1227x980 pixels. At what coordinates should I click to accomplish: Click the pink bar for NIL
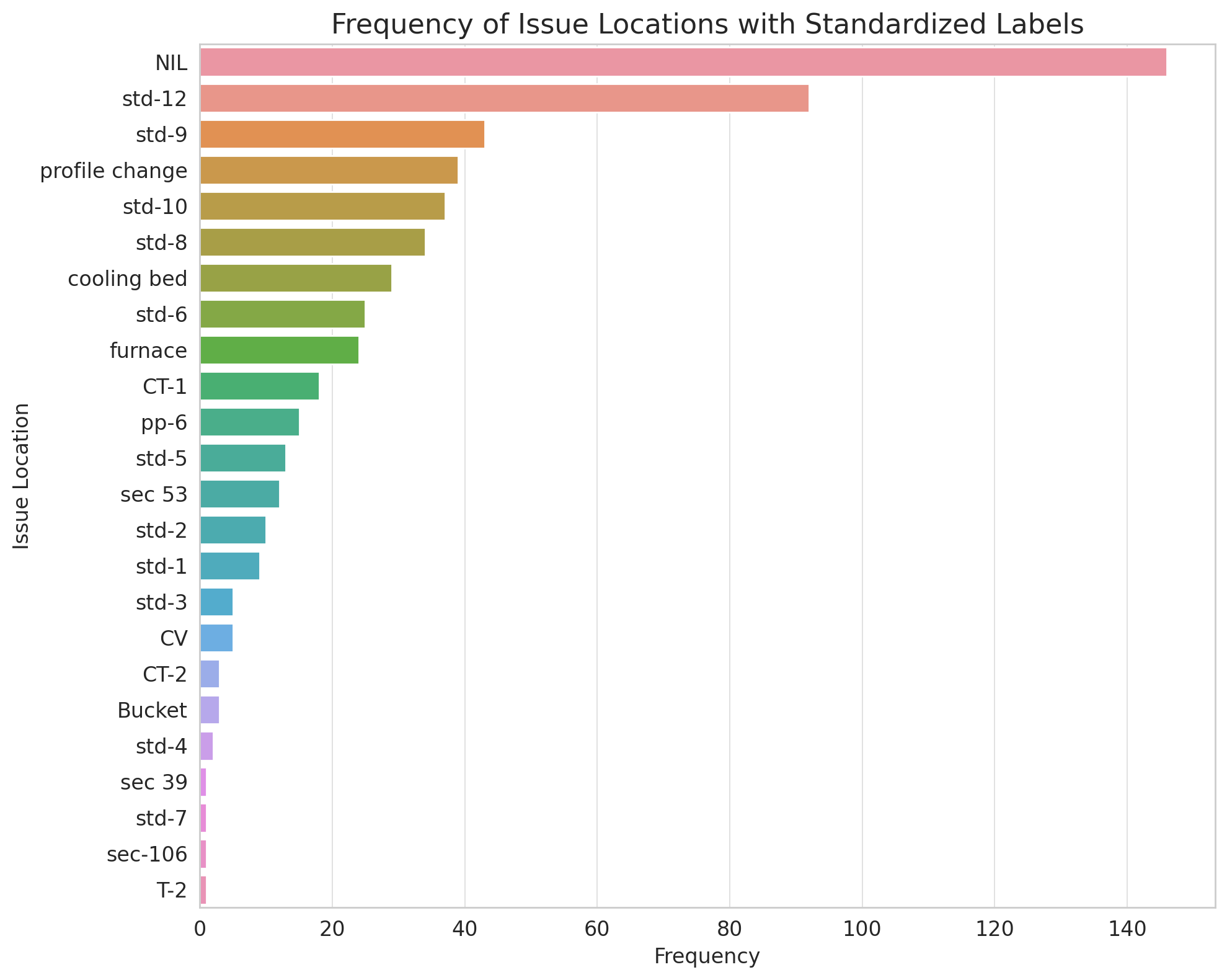click(x=682, y=62)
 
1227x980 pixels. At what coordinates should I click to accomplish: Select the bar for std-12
click(x=503, y=98)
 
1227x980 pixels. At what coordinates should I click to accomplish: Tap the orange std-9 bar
click(x=342, y=134)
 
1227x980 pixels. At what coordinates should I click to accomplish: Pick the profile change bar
click(x=329, y=170)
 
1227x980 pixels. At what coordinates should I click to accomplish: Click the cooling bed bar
click(x=295, y=278)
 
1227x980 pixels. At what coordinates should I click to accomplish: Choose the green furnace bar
click(x=279, y=350)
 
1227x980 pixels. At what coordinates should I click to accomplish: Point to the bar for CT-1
click(x=259, y=386)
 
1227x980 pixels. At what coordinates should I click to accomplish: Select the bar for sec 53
click(x=239, y=494)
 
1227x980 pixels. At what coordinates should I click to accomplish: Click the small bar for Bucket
click(x=210, y=710)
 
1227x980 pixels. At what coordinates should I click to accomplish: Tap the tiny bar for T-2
click(x=203, y=889)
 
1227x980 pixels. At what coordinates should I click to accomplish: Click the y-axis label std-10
click(x=155, y=207)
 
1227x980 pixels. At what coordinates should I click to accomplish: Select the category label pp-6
click(x=164, y=422)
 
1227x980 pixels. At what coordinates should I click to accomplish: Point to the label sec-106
click(x=147, y=854)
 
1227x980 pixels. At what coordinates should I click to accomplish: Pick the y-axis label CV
click(x=174, y=638)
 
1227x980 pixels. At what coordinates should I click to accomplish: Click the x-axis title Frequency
click(x=707, y=956)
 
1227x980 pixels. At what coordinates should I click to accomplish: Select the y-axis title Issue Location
click(x=22, y=476)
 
